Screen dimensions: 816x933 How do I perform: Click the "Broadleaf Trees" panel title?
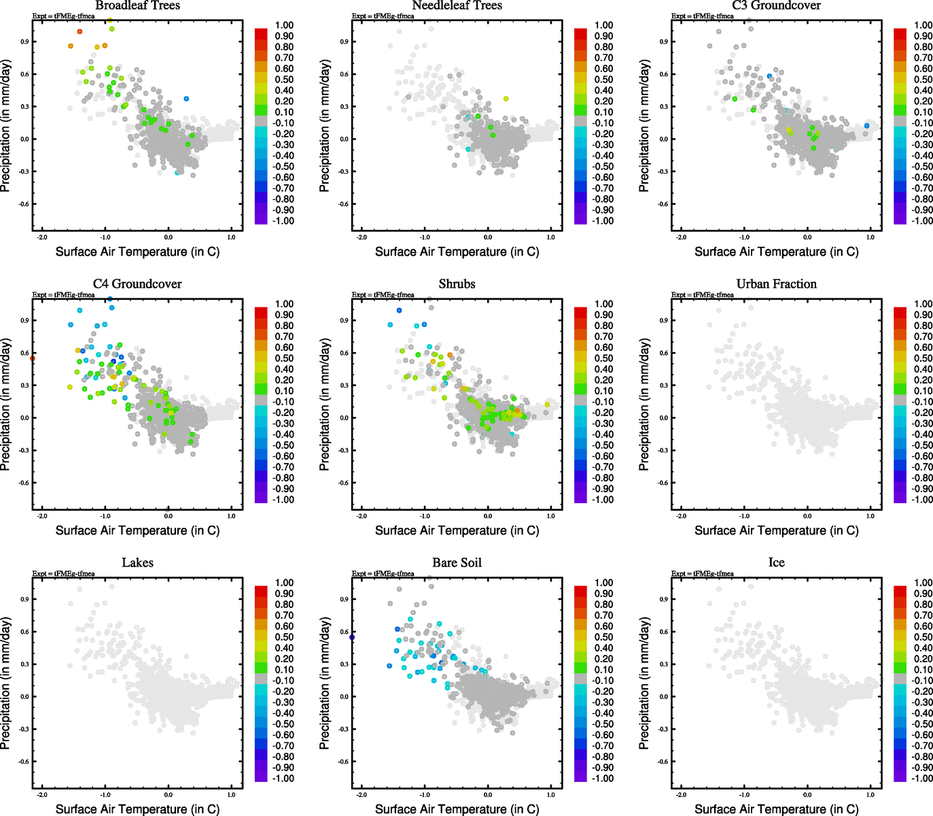click(x=137, y=5)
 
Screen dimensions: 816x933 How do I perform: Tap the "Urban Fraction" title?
click(x=776, y=284)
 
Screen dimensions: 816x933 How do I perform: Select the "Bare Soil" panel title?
click(x=457, y=562)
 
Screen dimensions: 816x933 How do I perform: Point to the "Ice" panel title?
click(x=776, y=562)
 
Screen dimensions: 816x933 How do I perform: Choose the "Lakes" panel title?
click(x=137, y=562)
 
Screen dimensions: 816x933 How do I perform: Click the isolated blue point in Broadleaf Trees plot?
click(x=186, y=99)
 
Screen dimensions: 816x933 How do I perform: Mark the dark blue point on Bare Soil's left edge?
click(x=352, y=637)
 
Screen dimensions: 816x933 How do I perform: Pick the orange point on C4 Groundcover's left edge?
click(x=33, y=358)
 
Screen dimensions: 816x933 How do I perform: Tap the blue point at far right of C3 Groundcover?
click(x=867, y=126)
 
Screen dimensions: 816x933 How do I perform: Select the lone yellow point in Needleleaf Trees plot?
click(x=506, y=99)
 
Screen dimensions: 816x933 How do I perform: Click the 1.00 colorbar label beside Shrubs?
click(x=604, y=304)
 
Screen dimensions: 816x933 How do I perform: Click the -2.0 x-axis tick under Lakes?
click(x=42, y=794)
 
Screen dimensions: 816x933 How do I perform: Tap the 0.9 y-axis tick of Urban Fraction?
click(x=663, y=320)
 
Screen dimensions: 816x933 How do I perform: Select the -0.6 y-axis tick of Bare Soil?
click(x=344, y=762)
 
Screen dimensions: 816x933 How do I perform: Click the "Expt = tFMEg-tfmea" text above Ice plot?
click(x=703, y=573)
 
